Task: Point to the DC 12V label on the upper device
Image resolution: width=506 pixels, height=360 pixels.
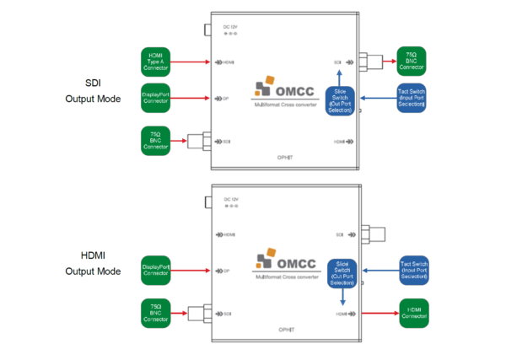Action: click(x=229, y=29)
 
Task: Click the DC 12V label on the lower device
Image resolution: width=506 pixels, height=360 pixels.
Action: click(x=229, y=200)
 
